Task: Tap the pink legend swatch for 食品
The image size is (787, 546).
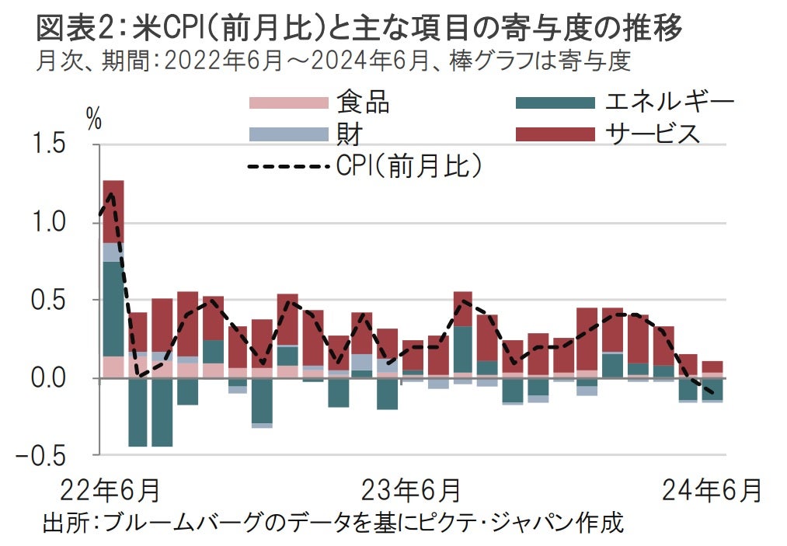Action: (288, 103)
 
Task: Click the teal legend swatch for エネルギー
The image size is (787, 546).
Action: (555, 103)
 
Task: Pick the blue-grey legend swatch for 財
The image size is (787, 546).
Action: (288, 134)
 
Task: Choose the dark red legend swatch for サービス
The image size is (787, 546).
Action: (555, 134)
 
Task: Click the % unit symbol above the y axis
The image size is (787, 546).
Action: (94, 119)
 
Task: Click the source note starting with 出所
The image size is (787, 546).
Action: (333, 522)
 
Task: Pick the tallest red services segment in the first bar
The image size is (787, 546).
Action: (113, 211)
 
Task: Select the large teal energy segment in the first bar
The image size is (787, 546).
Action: (113, 308)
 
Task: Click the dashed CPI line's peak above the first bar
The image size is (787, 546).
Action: (113, 193)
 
